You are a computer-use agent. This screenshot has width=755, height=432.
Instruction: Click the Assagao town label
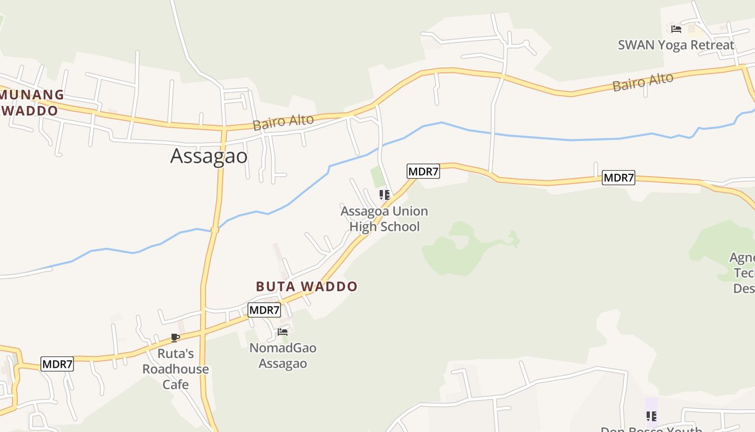coord(209,156)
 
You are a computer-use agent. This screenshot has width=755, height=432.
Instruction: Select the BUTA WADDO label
coord(306,286)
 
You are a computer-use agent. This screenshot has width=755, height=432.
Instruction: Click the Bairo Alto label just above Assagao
coord(283,122)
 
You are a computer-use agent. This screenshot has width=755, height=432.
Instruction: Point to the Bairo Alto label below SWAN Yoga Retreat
coord(643,82)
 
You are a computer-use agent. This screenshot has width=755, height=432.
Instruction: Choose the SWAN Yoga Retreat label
coord(676,45)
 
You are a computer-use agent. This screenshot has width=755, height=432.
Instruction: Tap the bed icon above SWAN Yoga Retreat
coord(676,29)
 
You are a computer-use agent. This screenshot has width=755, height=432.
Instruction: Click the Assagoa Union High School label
coord(384,219)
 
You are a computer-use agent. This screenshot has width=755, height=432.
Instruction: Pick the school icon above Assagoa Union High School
coord(384,195)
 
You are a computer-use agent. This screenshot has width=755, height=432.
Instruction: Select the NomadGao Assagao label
coord(283,355)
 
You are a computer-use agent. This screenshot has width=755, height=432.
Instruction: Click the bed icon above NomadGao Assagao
coord(283,332)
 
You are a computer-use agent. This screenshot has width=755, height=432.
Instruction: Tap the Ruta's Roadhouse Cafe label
coord(175,369)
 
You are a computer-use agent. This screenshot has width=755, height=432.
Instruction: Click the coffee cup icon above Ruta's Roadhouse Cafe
coord(175,338)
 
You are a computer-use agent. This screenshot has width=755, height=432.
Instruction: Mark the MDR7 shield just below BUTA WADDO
coord(264,310)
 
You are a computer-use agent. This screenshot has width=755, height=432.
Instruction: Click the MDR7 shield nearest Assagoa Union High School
coord(423,172)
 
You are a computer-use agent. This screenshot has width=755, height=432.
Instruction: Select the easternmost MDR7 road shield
coord(619,178)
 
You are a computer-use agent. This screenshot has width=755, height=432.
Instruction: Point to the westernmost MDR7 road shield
coord(57,364)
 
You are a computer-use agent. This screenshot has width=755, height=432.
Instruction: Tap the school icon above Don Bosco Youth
coord(651,416)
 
